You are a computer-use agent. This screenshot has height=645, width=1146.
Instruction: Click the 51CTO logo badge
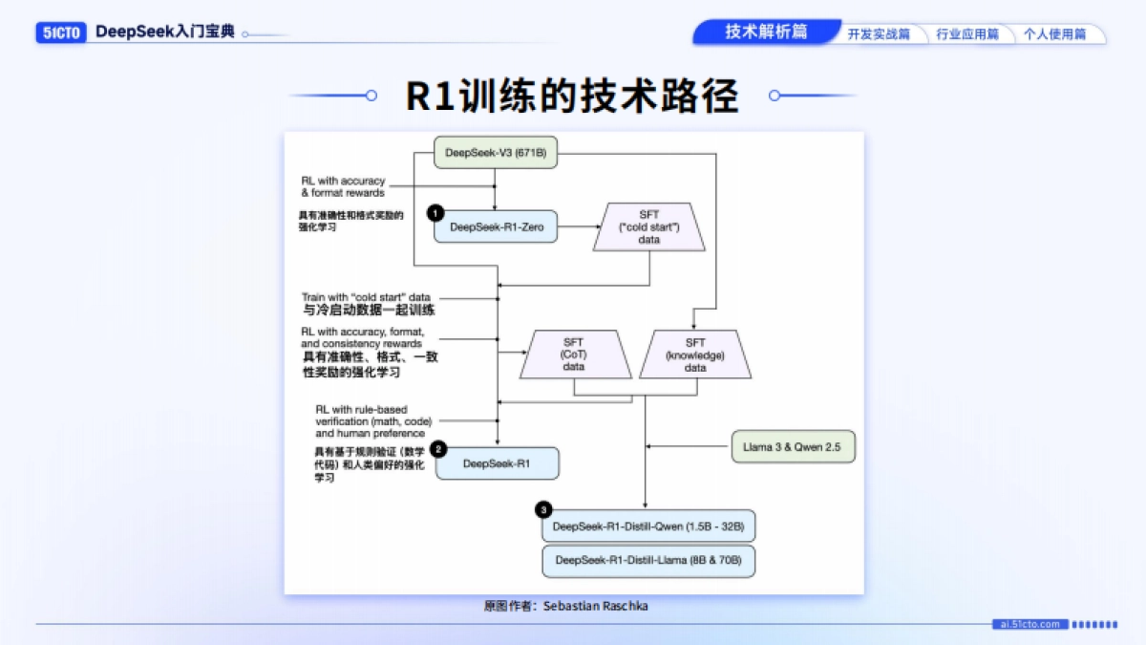(x=63, y=32)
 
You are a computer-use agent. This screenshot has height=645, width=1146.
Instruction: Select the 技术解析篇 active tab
(x=765, y=32)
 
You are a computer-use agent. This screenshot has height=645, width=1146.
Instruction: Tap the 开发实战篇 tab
(x=879, y=34)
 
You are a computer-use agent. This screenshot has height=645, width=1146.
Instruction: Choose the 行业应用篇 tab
(x=966, y=34)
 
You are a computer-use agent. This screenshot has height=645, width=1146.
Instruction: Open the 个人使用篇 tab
(x=1054, y=34)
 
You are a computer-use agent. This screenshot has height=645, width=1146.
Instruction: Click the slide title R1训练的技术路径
(x=573, y=96)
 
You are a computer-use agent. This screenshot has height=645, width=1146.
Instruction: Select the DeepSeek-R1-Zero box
(x=496, y=226)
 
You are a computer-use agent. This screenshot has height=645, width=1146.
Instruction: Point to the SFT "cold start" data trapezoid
(x=649, y=228)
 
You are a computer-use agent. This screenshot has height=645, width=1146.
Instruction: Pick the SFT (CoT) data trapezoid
(x=573, y=355)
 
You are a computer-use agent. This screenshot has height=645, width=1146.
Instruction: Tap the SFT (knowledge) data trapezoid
(x=695, y=355)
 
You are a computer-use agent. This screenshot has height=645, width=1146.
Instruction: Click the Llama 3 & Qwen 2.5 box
(x=793, y=447)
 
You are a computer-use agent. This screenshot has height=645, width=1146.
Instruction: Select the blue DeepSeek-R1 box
(x=497, y=463)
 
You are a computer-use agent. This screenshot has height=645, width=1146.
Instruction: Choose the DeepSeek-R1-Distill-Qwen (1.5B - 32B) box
(x=648, y=527)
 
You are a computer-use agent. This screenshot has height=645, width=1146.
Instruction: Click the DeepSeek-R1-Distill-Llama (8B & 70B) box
(x=648, y=560)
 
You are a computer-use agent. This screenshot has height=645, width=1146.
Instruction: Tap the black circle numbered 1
(x=435, y=212)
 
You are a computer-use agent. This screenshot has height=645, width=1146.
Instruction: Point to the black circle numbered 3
(x=543, y=510)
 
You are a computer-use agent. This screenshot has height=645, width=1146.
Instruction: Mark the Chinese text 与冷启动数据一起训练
(x=370, y=311)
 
